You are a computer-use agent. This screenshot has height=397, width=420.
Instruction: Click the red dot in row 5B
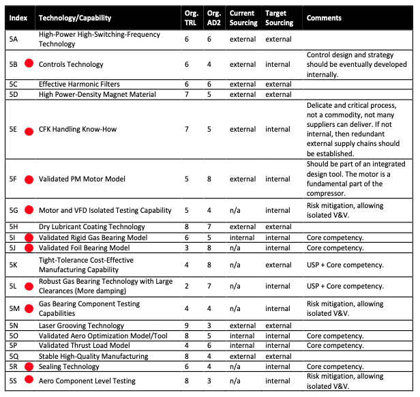[29, 64]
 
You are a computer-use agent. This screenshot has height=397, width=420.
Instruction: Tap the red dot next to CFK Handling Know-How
[29, 130]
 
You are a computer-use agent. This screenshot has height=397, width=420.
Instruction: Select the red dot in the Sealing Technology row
[29, 366]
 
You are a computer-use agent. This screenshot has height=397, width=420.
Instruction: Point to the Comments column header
[324, 18]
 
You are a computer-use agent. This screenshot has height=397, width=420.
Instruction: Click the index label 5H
[14, 226]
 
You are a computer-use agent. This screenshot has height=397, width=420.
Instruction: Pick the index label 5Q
[14, 355]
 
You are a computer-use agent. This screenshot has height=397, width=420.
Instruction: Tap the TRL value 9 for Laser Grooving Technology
[187, 326]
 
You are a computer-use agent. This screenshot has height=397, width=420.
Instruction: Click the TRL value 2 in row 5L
[187, 286]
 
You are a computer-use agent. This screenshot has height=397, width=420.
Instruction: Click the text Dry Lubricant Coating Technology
[92, 226]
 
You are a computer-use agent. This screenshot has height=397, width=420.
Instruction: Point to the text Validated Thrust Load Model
[85, 346]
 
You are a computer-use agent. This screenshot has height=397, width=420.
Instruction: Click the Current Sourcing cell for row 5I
[243, 237]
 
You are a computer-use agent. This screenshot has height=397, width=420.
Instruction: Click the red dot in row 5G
[29, 210]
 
